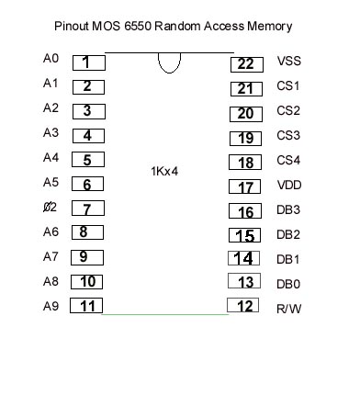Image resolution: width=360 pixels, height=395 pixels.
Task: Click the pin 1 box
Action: click(87, 62)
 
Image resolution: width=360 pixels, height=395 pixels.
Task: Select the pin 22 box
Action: click(244, 63)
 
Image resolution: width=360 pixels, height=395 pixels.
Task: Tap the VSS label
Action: click(289, 63)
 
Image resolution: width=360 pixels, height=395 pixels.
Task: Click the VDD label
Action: click(289, 185)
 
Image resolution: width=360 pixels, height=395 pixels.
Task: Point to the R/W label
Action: click(289, 309)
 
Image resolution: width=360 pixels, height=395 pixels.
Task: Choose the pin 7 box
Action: click(87, 209)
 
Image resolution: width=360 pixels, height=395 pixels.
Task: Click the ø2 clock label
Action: click(51, 208)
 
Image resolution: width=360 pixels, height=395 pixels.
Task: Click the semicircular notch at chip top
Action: click(169, 62)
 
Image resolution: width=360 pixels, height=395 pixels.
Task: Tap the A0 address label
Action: click(51, 59)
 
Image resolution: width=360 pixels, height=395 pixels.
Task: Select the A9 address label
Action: click(51, 307)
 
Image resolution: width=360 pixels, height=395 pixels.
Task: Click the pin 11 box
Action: click(87, 306)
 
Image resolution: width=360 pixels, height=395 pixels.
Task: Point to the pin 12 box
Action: click(244, 306)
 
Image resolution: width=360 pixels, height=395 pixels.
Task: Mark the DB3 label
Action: click(289, 209)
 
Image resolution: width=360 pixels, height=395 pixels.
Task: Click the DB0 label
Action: click(289, 284)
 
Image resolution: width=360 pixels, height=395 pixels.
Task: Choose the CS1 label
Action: click(289, 88)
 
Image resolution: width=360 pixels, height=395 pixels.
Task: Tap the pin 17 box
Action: click(244, 187)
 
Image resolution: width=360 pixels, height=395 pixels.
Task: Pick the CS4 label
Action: click(289, 161)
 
